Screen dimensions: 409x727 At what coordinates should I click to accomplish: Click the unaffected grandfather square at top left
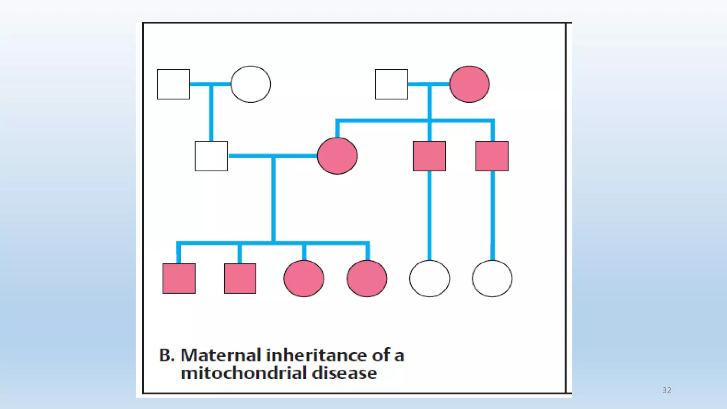tap(174, 84)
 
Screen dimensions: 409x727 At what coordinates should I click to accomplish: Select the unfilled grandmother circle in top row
tap(251, 84)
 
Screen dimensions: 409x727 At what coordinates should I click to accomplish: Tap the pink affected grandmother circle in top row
tap(469, 84)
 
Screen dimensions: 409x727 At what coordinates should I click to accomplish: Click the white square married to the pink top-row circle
tap(392, 84)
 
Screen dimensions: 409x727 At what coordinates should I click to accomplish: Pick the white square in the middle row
tap(211, 156)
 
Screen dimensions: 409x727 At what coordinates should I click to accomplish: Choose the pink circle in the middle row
tap(337, 156)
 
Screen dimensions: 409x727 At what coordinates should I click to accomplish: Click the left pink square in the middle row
tap(430, 156)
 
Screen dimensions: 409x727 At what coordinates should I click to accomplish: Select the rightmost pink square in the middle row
tap(492, 156)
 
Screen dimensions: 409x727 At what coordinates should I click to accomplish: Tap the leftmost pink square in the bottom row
tap(179, 278)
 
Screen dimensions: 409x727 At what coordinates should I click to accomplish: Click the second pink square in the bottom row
tap(240, 278)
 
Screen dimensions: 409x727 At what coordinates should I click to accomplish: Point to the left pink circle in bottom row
tap(304, 278)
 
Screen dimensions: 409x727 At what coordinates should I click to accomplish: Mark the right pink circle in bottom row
tap(367, 278)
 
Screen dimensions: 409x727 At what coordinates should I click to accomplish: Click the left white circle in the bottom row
tap(430, 278)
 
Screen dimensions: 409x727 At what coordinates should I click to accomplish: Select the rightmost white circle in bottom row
tap(492, 278)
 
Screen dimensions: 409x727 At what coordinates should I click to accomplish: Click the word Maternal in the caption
tap(221, 355)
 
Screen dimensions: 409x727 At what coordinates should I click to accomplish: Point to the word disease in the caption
tap(344, 373)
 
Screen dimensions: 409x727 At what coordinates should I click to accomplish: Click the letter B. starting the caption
tap(166, 355)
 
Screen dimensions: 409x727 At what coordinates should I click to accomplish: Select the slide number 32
tap(667, 391)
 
